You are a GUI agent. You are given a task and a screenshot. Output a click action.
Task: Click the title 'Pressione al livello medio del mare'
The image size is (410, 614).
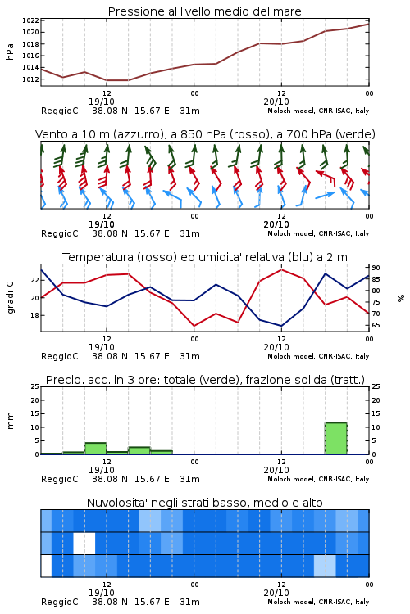(x=204, y=11)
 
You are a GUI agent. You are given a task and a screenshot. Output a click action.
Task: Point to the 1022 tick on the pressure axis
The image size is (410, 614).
(x=30, y=20)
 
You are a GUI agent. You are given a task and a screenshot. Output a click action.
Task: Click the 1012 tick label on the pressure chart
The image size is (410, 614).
(x=30, y=79)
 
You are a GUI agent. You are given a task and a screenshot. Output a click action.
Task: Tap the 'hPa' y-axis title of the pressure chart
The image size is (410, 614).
(x=10, y=52)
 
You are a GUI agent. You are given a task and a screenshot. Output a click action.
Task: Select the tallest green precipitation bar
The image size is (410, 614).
(x=336, y=438)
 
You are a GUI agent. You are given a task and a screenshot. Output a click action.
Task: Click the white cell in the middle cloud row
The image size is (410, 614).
(x=84, y=543)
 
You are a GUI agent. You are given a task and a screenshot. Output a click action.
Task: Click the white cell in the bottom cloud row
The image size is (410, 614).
(x=46, y=566)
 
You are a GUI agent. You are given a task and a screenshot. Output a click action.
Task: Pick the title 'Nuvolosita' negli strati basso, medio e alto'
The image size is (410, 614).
(x=204, y=503)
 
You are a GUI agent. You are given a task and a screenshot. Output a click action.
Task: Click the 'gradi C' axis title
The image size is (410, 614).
(x=11, y=298)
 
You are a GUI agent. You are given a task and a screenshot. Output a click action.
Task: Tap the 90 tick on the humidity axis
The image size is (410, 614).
(x=376, y=268)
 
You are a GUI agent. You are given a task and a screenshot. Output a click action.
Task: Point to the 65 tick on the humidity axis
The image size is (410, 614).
(x=376, y=325)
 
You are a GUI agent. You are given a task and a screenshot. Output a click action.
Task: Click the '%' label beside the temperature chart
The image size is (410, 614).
(x=401, y=298)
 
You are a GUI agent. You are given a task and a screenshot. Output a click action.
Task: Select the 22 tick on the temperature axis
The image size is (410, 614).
(x=34, y=280)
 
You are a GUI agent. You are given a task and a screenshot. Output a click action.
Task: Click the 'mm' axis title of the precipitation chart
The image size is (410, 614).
(x=10, y=421)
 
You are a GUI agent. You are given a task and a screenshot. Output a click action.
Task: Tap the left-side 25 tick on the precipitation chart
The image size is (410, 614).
(x=34, y=386)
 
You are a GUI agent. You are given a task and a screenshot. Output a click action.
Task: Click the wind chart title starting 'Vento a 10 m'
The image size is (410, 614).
(x=205, y=134)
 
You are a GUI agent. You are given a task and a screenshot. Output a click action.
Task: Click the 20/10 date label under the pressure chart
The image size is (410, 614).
(x=276, y=102)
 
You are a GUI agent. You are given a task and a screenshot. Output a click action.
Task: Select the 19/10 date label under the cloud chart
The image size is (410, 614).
(x=102, y=593)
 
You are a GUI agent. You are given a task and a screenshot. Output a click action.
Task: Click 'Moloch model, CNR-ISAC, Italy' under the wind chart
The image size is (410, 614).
(x=318, y=233)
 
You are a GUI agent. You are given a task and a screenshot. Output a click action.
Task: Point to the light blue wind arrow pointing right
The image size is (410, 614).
(x=326, y=195)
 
